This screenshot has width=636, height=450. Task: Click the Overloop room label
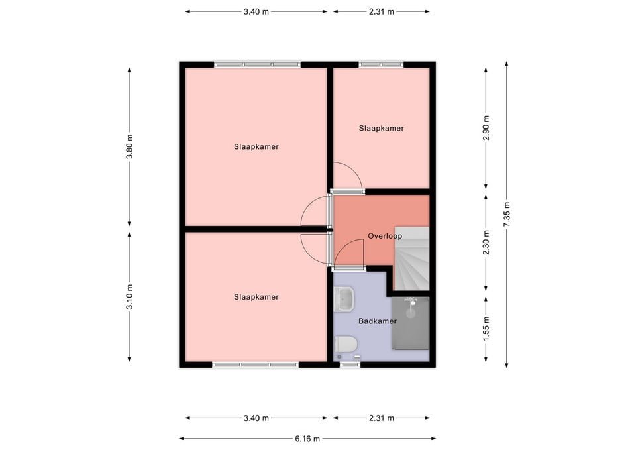click(x=384, y=236)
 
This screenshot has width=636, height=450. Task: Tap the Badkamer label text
click(x=377, y=321)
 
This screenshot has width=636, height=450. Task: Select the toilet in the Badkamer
click(x=346, y=344)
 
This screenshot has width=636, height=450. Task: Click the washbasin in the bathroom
click(x=345, y=300)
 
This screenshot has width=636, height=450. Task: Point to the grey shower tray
click(x=411, y=323)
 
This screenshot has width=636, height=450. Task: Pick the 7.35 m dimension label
click(x=507, y=214)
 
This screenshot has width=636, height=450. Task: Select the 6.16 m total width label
click(x=307, y=439)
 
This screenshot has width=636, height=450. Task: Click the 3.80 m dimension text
click(x=130, y=146)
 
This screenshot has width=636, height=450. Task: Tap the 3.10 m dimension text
click(x=130, y=296)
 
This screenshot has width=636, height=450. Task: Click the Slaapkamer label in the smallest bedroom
click(x=381, y=128)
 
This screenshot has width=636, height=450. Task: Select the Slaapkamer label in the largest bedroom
click(x=256, y=146)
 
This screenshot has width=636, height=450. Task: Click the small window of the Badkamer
click(x=350, y=364)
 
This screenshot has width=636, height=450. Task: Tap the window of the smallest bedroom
click(x=381, y=64)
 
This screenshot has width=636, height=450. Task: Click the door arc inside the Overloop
click(x=349, y=253)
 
